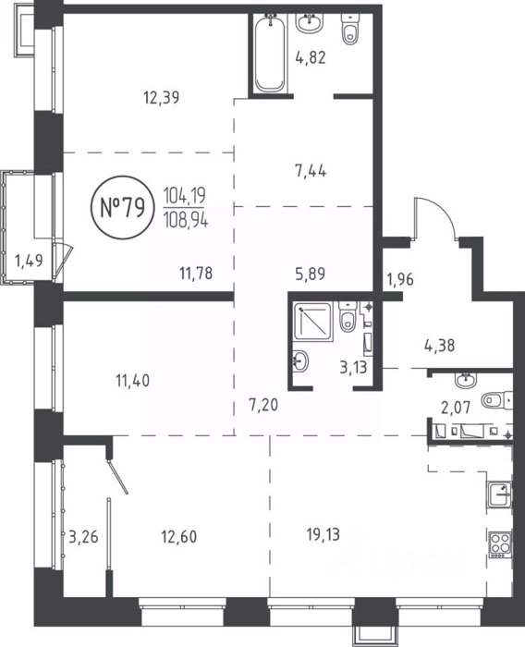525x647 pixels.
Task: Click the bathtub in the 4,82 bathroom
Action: [270, 53]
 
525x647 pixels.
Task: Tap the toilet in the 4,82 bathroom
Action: [350, 30]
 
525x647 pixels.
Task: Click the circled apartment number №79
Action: [123, 208]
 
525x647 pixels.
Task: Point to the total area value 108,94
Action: [186, 221]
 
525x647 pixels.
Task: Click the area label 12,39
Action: [162, 98]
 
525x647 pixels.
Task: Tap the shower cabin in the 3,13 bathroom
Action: [313, 322]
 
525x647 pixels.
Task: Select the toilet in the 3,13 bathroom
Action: [348, 316]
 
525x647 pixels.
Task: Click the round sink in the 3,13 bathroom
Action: [300, 361]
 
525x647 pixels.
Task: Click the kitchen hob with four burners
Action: [500, 544]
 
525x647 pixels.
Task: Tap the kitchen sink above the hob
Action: [500, 494]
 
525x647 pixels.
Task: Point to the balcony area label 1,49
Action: [29, 261]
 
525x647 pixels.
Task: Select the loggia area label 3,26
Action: [83, 537]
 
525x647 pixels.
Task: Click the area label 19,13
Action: [324, 535]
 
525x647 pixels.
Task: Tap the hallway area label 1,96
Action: [399, 279]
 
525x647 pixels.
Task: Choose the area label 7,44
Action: [311, 170]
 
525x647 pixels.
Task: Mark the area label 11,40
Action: [132, 381]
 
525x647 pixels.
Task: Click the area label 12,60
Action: [178, 537]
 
